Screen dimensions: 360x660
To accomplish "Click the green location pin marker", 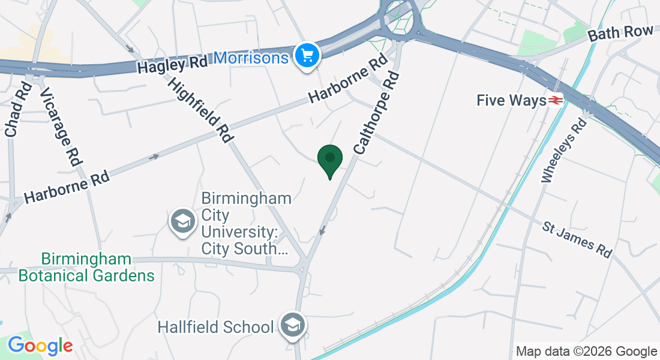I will (329, 160).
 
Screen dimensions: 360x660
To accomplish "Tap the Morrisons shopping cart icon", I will (307, 56).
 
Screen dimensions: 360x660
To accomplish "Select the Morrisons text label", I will (251, 58).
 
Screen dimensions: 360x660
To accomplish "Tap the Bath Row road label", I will (620, 33).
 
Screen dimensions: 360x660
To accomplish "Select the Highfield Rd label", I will (200, 110).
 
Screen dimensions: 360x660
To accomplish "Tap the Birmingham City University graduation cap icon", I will (182, 222).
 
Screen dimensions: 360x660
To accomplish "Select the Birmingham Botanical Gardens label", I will (86, 268).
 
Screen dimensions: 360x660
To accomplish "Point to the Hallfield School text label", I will (216, 327).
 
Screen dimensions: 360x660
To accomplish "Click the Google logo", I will (40, 346).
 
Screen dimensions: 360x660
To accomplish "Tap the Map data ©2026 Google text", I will (586, 352).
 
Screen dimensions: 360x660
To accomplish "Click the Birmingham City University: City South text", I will (246, 223).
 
